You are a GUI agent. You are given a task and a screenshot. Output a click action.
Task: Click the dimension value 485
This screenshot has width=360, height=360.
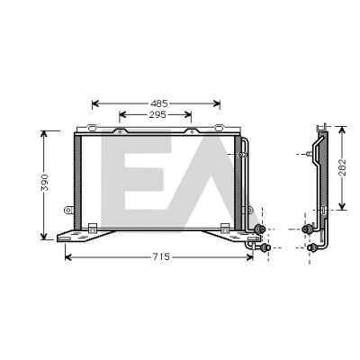tap(159, 103)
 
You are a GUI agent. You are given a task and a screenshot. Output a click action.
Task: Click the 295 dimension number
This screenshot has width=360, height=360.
tap(157, 114)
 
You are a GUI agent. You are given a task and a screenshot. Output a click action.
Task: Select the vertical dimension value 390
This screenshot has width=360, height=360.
tap(45, 183)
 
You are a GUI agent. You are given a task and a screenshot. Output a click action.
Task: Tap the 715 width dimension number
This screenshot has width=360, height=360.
tap(161, 256)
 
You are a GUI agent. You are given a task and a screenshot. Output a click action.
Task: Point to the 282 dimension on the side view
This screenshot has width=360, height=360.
tap(343, 167)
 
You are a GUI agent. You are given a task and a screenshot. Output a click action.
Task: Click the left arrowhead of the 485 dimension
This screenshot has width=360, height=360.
tap(95, 103)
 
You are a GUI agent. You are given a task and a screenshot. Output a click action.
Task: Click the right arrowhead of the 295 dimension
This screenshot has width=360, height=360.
tap(188, 114)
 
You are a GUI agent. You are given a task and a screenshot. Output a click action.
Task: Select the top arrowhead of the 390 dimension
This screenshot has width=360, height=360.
tap(44, 135)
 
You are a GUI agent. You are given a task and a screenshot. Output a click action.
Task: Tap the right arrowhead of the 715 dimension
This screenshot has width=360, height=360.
tap(249, 257)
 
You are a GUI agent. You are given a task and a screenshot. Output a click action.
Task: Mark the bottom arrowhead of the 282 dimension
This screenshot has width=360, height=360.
tap(342, 206)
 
